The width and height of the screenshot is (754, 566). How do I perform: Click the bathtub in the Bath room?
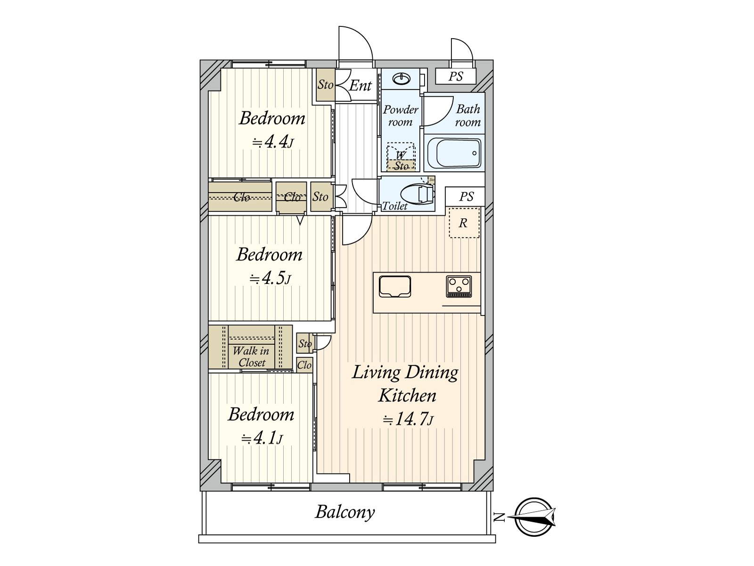pos(453,153)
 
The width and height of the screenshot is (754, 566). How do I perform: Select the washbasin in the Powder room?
pos(401,79)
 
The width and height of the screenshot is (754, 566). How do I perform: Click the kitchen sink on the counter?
pos(395,287)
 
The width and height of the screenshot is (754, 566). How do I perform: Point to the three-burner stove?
pos(459,286)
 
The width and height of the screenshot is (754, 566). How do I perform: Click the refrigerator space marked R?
pos(464,223)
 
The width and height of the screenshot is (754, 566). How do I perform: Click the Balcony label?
pos(345,512)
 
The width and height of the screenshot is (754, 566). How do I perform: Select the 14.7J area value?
pos(408,420)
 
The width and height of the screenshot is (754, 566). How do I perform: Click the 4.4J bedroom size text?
pos(273,141)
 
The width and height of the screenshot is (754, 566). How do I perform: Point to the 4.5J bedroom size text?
pos(270,278)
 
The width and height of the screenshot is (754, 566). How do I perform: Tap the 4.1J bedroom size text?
pos(262,438)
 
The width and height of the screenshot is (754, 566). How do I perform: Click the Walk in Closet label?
pos(252,357)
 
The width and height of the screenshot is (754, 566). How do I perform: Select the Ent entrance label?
pos(360,85)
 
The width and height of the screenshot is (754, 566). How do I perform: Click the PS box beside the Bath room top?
pos(456,76)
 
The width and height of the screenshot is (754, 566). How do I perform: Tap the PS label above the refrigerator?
pos(466,197)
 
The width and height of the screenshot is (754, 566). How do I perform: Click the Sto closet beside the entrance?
pos(325,84)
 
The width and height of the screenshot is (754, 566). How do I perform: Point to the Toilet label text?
pos(395,206)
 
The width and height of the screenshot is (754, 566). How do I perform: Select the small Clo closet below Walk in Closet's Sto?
pos(304,365)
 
